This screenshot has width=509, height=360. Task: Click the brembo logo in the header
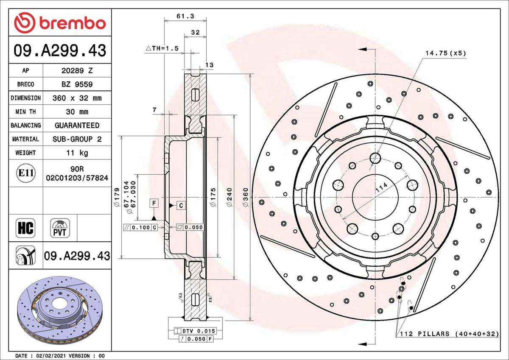coord(60,22)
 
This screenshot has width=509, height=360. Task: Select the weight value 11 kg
coord(77,153)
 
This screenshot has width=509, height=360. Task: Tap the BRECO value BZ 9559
coord(77,84)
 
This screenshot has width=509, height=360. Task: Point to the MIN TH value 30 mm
coord(77,112)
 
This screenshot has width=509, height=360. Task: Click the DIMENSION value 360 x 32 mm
coord(77,98)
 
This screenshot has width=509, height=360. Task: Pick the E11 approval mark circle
coord(25,173)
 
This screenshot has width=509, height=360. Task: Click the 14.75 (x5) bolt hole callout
coord(445,53)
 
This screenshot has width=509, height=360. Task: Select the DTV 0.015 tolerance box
coord(199,331)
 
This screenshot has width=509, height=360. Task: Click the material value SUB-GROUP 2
coord(77,139)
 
